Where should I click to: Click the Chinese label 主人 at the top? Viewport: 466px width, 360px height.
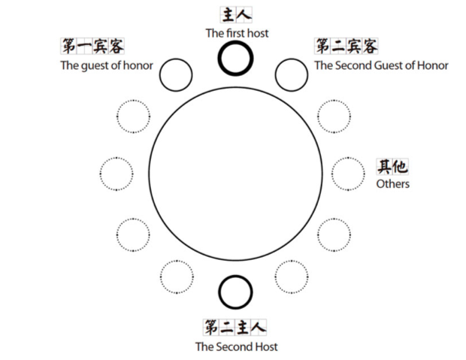coord(235,15)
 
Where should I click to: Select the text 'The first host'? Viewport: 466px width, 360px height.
coord(236,33)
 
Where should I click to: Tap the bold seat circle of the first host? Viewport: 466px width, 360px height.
coord(235,59)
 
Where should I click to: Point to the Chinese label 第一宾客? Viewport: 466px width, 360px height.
coord(92,47)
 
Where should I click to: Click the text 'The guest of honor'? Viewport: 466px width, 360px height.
coord(106,65)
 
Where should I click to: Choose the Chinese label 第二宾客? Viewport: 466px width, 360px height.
coord(346,47)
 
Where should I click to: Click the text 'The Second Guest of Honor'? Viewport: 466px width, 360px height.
coord(381,65)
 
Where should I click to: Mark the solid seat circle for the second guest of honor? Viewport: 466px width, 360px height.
coord(292,74)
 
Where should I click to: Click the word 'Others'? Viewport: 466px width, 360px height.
coord(392,183)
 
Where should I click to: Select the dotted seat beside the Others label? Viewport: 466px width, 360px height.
coord(348,174)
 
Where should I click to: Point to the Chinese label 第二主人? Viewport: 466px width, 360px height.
coord(235,328)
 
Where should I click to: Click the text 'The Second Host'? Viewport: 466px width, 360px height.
coord(236,346)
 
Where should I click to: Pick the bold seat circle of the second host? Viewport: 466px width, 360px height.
coord(235,292)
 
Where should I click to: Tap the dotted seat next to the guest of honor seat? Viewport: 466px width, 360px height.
coord(134,116)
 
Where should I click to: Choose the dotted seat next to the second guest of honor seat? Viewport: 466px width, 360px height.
coord(334,116)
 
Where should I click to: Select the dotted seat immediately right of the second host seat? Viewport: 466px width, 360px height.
coord(291,277)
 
